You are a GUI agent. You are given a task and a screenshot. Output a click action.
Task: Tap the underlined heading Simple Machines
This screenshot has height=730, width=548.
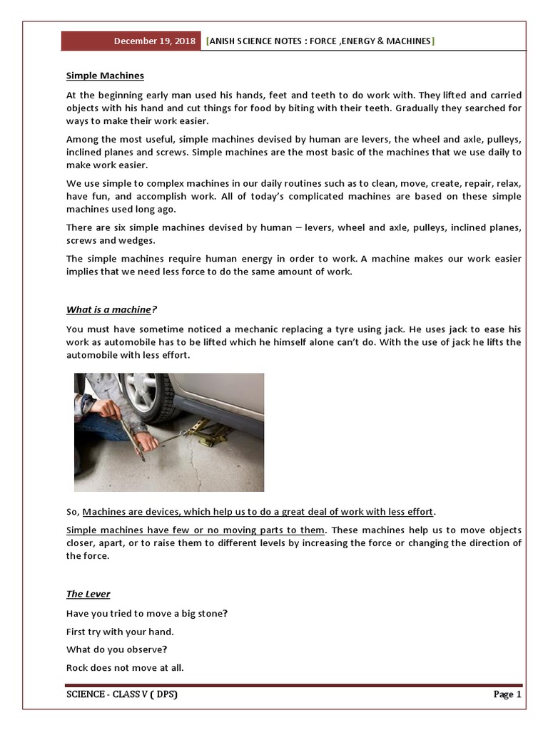click(105, 76)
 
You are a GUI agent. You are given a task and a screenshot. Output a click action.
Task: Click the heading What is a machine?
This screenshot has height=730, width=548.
click(111, 309)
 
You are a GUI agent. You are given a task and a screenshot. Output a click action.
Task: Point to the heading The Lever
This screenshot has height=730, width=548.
click(88, 594)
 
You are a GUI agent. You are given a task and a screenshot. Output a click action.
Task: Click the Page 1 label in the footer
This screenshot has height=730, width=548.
click(507, 694)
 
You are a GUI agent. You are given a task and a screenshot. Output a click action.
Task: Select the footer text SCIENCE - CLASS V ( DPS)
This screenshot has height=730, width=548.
click(121, 694)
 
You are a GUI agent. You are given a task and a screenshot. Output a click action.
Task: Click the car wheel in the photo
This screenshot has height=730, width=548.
click(146, 396)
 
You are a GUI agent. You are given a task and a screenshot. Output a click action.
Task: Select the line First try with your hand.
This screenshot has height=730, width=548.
click(120, 632)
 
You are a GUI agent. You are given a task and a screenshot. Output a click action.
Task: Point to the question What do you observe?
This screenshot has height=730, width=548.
click(116, 649)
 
